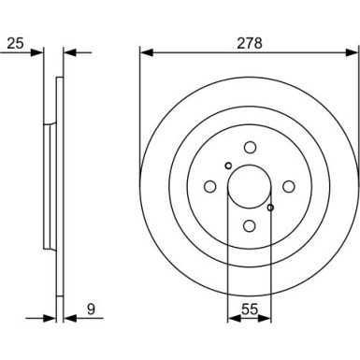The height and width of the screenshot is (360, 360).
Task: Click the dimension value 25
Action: coord(13,42)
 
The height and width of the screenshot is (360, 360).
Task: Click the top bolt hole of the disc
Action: coord(250,147)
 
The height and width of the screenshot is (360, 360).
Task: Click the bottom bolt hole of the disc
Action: coord(250,225)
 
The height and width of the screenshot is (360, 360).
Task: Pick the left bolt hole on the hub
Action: coord(210,186)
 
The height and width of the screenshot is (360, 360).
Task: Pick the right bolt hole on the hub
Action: coord(289,186)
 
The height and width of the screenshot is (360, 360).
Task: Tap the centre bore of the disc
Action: coord(250,186)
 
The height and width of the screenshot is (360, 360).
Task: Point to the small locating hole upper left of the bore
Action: coord(228,166)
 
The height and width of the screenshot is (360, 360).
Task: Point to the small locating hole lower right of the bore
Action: coord(271,208)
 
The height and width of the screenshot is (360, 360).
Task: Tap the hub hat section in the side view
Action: coord(48,186)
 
